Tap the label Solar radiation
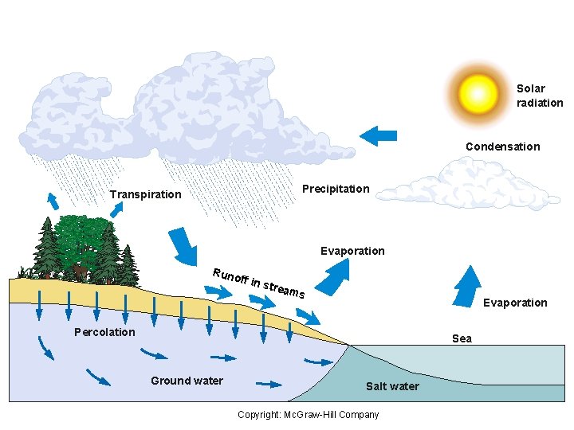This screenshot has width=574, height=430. pos(540,96)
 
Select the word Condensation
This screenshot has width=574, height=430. pos(502,147)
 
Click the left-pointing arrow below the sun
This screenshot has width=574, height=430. pos(378,135)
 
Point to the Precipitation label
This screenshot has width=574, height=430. pos(336,189)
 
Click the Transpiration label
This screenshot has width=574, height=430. pos(145,194)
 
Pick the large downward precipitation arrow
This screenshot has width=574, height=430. pos(185,244)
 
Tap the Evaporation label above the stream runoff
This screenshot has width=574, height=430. pos(352,251)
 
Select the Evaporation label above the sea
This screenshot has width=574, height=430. pos(515,303)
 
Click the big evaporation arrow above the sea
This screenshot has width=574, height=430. pos(468,285)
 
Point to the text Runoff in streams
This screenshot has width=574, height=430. pos(258,283)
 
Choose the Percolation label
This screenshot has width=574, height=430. pos(104,332)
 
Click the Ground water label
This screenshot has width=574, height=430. pos(187,381)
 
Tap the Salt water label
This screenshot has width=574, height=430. pos(392,386)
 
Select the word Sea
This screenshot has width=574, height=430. pos(462,338)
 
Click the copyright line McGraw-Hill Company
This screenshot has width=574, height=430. pos(309,414)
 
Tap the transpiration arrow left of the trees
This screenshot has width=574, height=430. pos(53,200)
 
